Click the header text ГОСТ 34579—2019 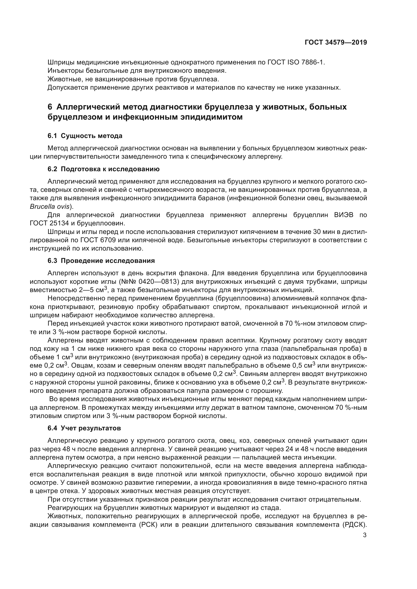click(x=336, y=43)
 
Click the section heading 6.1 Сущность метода click(x=85, y=136)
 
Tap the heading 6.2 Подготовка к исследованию click(x=103, y=169)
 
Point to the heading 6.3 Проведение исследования click(x=101, y=261)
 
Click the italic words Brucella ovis click(x=51, y=206)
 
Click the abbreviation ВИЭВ click(x=344, y=215)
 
